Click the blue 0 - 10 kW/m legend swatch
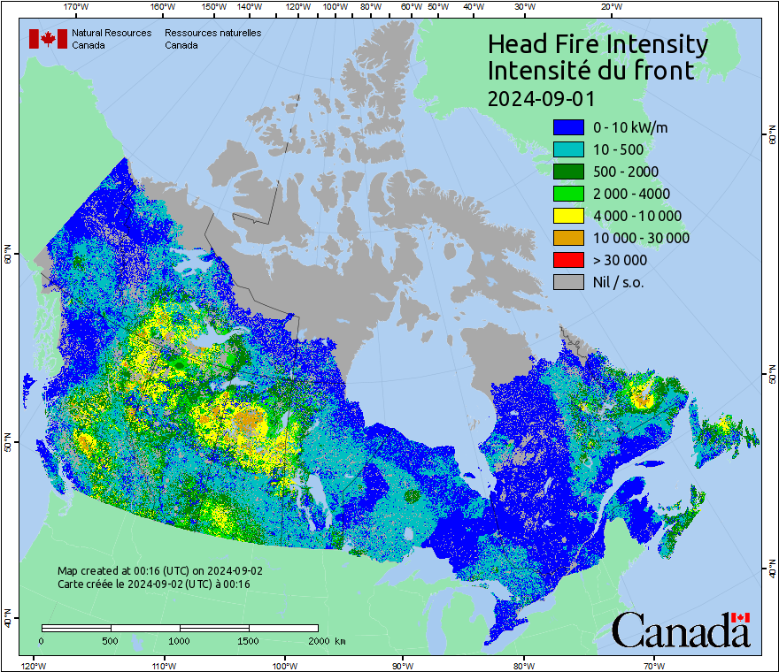tap(567, 127)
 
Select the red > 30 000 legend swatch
tap(567, 260)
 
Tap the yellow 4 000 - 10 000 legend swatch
tap(567, 216)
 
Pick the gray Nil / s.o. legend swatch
tap(567, 282)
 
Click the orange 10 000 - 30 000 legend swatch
tap(567, 238)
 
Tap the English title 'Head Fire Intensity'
tap(598, 44)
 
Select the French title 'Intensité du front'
tap(591, 71)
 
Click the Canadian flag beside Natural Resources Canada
tap(48, 39)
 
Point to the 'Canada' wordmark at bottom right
tap(681, 630)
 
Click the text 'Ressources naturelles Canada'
tap(212, 39)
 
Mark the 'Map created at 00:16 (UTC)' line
tap(159, 571)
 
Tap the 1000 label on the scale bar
tap(180, 640)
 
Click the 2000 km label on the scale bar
tap(327, 640)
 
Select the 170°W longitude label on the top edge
tap(77, 7)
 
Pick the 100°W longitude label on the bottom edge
tap(284, 665)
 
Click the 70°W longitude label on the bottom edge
tap(653, 665)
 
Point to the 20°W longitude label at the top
tap(610, 7)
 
